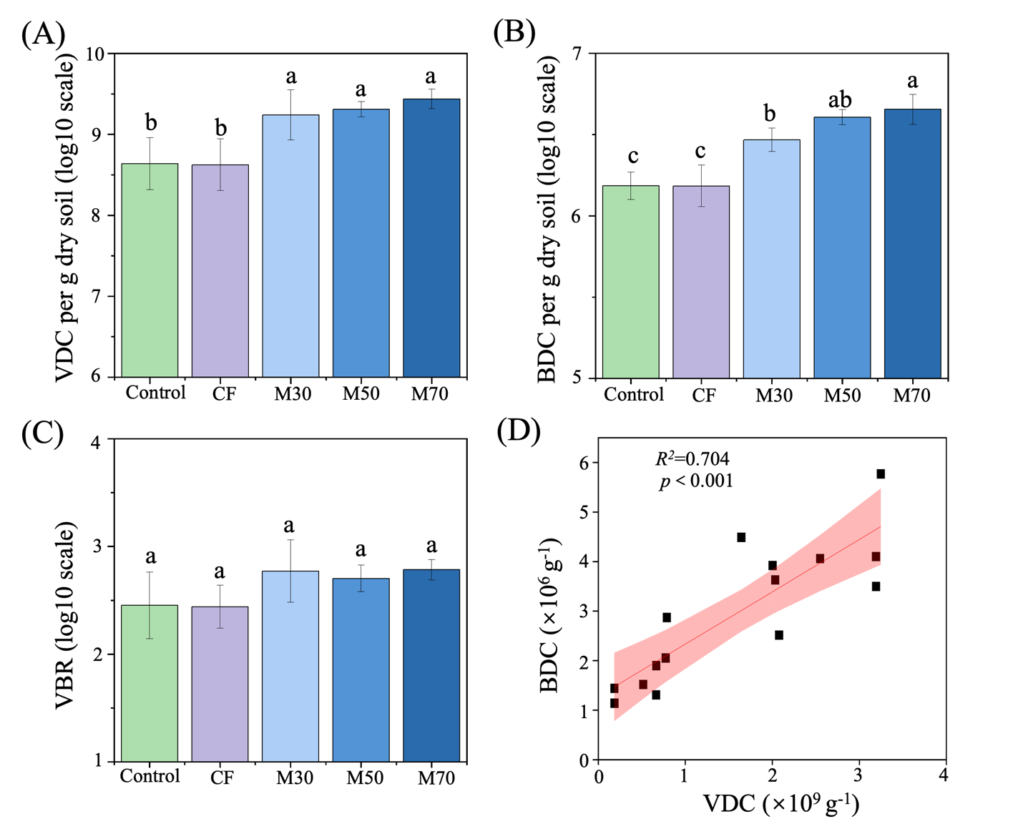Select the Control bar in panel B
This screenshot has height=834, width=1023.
630,282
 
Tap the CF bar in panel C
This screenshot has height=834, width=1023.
220,684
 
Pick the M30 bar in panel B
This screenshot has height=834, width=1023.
771,259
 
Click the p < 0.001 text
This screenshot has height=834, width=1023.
696,481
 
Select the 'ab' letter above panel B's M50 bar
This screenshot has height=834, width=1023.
840,99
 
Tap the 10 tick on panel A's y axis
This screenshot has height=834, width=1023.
95,54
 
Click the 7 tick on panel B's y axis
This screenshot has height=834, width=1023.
577,54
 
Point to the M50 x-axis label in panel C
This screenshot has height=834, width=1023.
365,777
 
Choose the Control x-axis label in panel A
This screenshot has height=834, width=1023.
155,393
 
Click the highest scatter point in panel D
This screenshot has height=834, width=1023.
881,474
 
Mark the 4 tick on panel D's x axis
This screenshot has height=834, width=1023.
944,775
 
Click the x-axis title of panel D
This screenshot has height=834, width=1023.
781,804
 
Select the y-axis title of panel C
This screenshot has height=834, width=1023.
65,616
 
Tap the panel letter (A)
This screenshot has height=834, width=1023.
43,34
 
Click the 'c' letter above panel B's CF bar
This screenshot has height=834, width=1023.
700,151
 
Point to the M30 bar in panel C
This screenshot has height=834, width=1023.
290,666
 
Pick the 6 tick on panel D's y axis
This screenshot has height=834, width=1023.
584,463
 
